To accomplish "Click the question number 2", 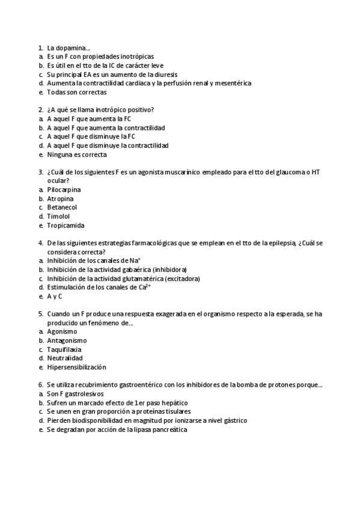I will click(40, 109).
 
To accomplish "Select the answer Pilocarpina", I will click(64, 189).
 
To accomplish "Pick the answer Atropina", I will click(60, 198).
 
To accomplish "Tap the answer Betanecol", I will click(62, 207).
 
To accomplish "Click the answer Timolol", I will click(58, 217).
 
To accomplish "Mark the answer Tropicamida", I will click(66, 226).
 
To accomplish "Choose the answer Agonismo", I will click(62, 331).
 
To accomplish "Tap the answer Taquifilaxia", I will click(64, 349).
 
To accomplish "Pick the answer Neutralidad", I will click(64, 358).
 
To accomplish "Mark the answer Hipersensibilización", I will click(76, 367).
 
